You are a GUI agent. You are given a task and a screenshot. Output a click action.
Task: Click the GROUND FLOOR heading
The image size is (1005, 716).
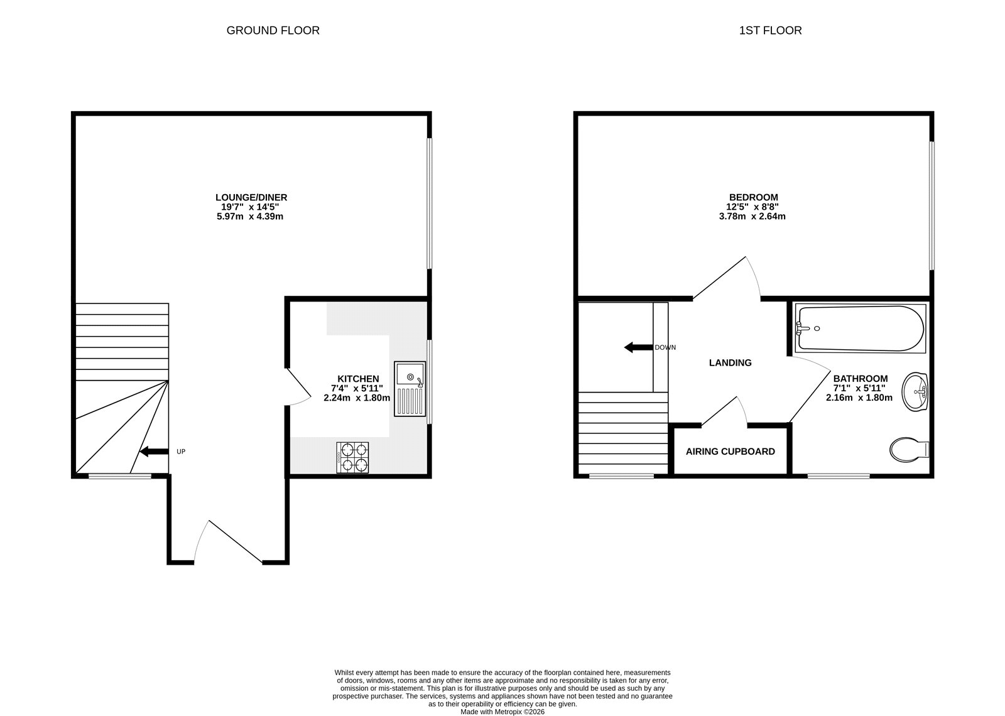tap(273, 30)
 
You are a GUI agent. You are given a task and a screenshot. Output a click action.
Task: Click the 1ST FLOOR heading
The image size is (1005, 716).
tap(770, 30)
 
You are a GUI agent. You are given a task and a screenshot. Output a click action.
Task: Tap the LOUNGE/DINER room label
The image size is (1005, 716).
tap(251, 197)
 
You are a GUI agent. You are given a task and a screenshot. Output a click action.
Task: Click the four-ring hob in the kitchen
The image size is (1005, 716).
tap(353, 457)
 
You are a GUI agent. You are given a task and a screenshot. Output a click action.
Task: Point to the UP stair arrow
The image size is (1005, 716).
tap(154, 451)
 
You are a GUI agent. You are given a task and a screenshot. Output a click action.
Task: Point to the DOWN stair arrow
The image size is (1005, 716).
tap(638, 347)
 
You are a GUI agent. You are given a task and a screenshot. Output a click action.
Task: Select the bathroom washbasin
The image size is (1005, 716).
tap(915, 391)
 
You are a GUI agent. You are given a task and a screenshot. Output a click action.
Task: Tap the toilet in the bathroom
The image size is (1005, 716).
tap(908, 448)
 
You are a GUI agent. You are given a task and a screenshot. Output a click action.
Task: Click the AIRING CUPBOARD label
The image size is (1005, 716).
tap(730, 452)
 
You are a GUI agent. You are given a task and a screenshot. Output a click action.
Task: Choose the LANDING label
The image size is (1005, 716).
tap(730, 362)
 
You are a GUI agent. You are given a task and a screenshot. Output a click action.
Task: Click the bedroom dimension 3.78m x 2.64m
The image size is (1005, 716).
tap(752, 216)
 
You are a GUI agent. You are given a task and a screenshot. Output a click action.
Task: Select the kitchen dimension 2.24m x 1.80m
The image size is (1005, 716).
tap(356, 398)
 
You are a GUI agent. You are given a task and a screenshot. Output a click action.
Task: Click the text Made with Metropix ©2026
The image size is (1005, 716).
tap(502, 712)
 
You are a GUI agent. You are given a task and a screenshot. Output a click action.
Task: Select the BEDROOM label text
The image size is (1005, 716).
tap(752, 197)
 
